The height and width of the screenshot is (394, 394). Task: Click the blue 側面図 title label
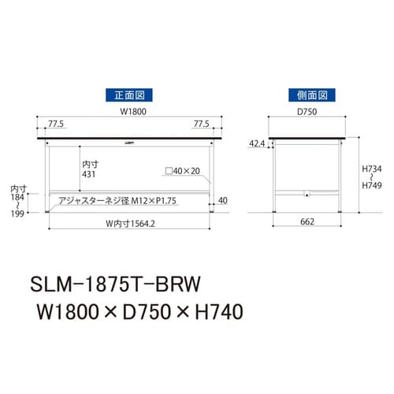[x=306, y=95]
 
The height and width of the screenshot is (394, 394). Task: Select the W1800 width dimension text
[x=130, y=113]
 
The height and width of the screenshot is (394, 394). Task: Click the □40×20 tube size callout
[x=183, y=171]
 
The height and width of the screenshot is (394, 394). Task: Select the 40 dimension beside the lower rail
[x=223, y=201]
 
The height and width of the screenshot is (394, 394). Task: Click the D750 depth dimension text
[x=307, y=113]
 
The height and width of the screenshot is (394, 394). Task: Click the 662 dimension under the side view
[x=307, y=221]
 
